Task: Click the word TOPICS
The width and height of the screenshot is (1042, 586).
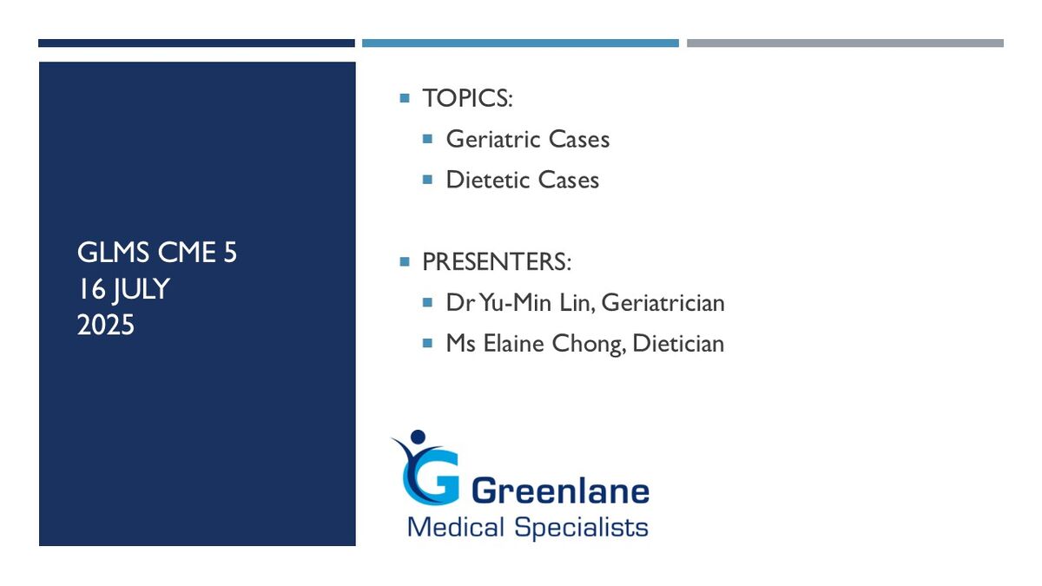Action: click(465, 98)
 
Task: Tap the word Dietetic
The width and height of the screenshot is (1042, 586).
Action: click(487, 180)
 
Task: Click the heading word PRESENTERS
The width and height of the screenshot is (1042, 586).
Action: click(493, 262)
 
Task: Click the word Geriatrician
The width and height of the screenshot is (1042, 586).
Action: click(663, 303)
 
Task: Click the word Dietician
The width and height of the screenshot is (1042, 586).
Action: click(678, 344)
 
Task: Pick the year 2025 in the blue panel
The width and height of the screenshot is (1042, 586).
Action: click(106, 325)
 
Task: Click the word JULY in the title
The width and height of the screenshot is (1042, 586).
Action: click(142, 289)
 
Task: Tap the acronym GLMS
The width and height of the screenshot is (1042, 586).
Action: click(113, 253)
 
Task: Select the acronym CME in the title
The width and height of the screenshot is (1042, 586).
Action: click(187, 253)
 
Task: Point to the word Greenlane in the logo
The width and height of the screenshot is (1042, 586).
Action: click(561, 491)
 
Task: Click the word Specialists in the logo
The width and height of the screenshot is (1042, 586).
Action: click(581, 528)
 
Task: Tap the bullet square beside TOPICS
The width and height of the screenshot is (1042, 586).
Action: click(405, 98)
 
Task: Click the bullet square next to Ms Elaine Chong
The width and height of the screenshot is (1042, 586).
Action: click(427, 343)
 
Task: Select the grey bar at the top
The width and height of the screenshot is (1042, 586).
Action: click(845, 43)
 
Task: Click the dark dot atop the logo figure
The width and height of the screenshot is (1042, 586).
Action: click(419, 437)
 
